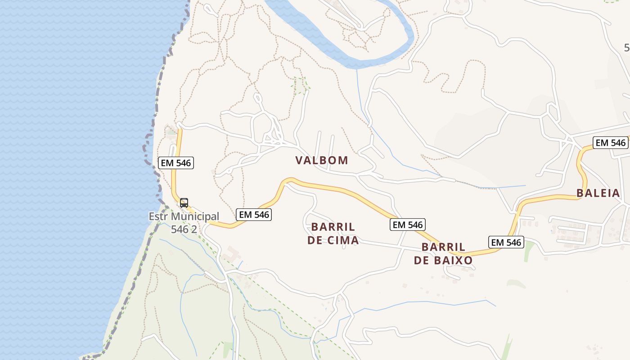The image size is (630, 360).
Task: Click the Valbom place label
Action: (x=322, y=160)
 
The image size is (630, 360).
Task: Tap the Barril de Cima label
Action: (x=333, y=233)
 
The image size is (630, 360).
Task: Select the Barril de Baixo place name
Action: (x=443, y=254)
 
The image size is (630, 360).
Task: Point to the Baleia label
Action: (x=598, y=193)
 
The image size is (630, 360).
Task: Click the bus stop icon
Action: (x=184, y=202)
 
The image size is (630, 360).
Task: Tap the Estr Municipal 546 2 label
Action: (x=184, y=223)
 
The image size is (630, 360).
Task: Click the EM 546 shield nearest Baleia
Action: (x=611, y=143)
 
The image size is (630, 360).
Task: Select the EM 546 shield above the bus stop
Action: (x=176, y=163)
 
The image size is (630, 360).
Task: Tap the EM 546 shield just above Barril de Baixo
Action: (x=408, y=225)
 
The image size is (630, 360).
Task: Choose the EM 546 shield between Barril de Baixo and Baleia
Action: (x=506, y=242)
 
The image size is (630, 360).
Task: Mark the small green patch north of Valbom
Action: (x=300, y=85)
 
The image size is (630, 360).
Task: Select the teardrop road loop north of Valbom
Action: (x=258, y=98)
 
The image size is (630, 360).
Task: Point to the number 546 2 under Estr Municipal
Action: (x=184, y=229)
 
